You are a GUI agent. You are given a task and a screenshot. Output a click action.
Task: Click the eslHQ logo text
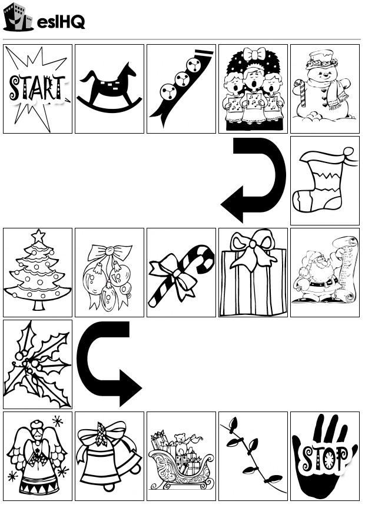(x=61, y=22)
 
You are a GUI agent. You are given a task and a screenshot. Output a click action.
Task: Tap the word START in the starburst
(x=38, y=89)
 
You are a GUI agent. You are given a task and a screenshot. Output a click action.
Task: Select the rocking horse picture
(x=109, y=87)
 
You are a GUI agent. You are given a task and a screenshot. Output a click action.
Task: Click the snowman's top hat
(x=321, y=59)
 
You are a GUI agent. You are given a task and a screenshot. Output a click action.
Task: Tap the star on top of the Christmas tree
(x=38, y=236)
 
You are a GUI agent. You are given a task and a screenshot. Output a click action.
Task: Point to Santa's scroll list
(x=344, y=270)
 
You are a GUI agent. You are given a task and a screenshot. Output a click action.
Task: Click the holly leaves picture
(x=38, y=364)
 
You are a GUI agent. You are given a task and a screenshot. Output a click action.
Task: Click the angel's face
(x=38, y=434)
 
